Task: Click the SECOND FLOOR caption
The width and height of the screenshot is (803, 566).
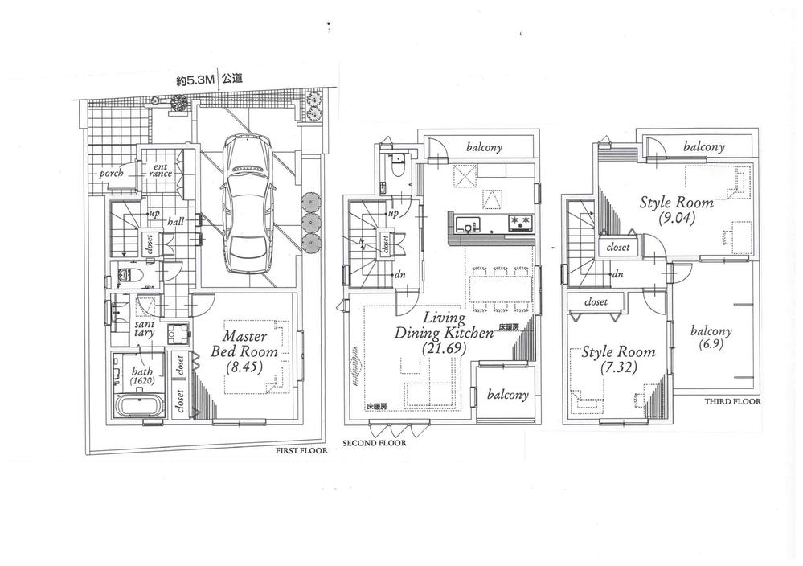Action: click(374, 443)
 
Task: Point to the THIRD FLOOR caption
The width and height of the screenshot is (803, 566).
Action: click(731, 400)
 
